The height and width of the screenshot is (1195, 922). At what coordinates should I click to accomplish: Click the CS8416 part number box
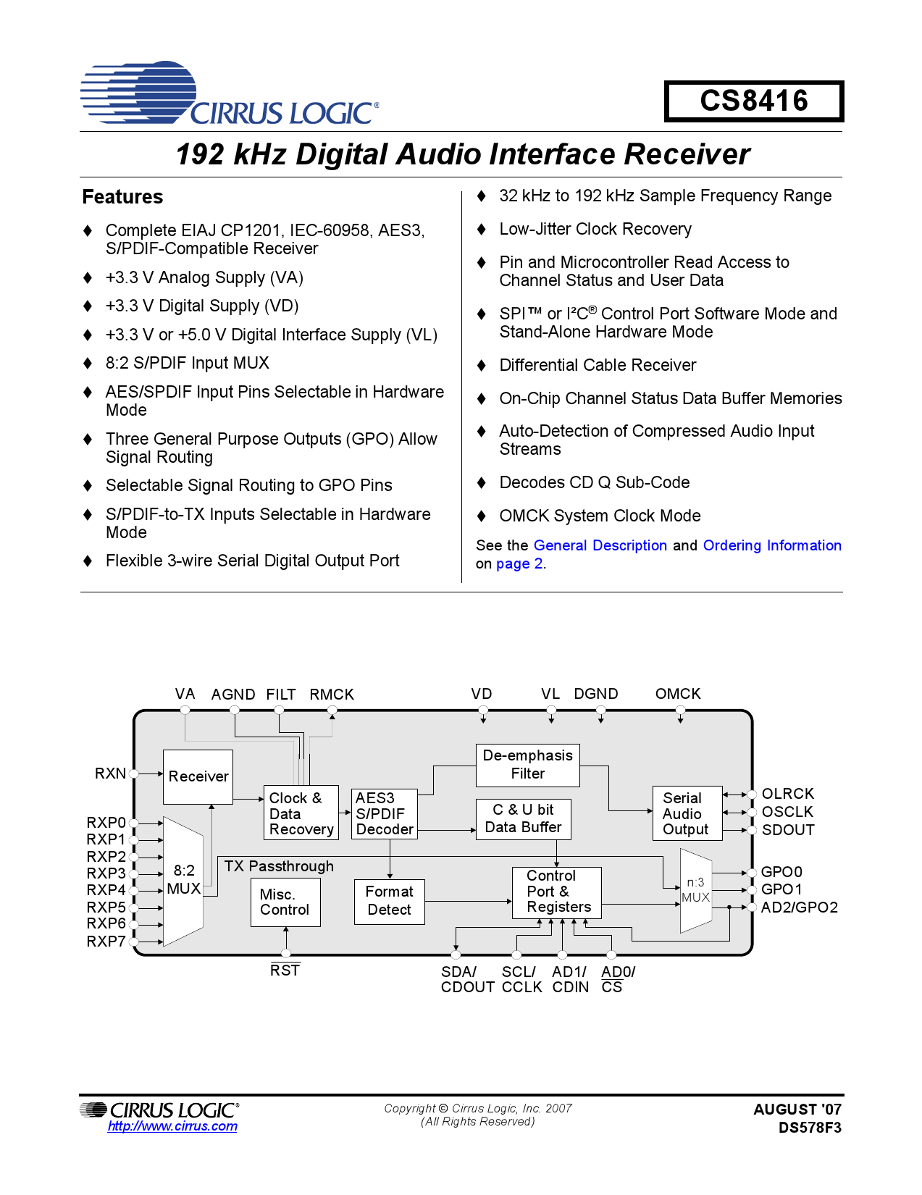753,101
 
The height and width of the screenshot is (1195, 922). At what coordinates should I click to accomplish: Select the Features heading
122,197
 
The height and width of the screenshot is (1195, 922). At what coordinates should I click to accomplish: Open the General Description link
600,545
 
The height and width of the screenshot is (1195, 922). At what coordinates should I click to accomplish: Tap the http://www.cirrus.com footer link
172,1126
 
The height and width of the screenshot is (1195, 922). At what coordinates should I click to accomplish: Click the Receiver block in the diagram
198,776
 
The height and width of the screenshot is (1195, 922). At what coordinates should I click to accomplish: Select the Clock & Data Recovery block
301,813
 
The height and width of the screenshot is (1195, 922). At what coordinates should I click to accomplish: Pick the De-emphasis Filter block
527,765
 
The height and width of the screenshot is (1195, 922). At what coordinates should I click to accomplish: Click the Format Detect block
389,901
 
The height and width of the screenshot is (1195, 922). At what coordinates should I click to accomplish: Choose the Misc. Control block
285,902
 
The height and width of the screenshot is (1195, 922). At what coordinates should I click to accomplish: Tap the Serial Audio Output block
687,813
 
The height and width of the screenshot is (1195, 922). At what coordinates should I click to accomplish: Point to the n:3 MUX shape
696,891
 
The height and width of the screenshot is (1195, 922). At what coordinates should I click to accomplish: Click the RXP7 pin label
106,942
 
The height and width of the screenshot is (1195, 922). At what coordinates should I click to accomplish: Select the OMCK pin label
678,694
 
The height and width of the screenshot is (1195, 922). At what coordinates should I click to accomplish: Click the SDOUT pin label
788,830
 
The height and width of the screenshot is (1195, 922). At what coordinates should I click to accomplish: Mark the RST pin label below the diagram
285,970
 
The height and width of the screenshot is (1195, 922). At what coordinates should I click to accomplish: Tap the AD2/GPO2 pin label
799,907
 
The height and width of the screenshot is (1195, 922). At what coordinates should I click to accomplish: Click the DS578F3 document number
810,1128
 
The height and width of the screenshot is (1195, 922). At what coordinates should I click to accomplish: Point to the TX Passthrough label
279,866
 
